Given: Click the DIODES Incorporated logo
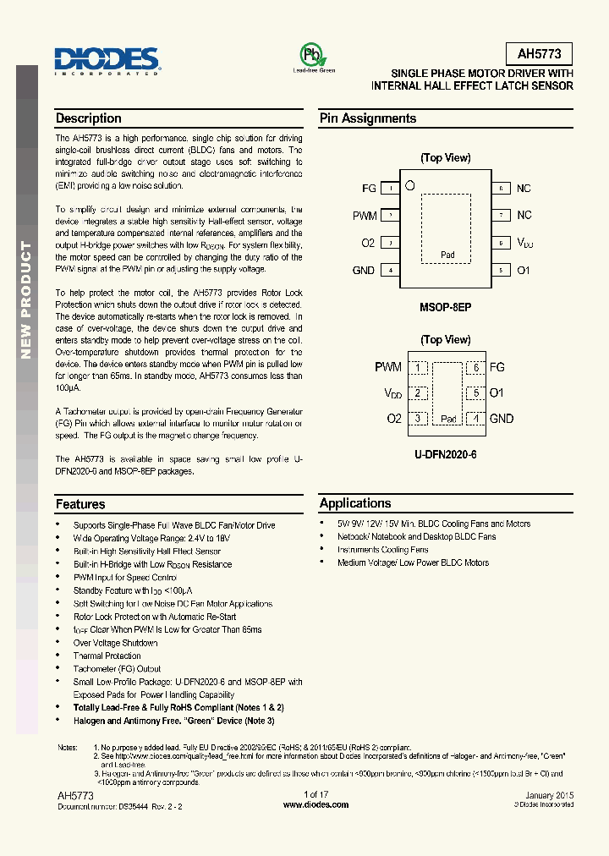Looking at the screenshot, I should pos(107,59).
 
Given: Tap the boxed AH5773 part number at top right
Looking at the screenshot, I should pos(539,54).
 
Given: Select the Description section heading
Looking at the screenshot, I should pos(89,118).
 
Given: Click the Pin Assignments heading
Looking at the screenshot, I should pos(368,118).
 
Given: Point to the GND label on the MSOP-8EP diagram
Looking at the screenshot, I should pos(364,271).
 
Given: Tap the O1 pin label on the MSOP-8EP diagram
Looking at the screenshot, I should pos(524,271).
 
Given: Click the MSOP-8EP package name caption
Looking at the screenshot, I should pos(446,308).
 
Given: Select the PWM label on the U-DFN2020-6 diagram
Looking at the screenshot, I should pos(388,367).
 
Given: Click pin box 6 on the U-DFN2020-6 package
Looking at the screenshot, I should pos(476,367).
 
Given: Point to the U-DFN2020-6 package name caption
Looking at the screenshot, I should pos(446,454).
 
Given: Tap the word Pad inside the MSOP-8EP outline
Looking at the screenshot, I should pos(447,255).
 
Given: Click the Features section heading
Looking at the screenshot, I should pos(80,504).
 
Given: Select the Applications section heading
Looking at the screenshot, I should pos(355,503).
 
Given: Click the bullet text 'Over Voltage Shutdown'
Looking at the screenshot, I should pos(115,643).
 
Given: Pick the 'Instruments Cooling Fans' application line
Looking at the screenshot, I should pos(382,550).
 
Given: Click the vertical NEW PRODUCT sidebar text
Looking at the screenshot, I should pos(26,300).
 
